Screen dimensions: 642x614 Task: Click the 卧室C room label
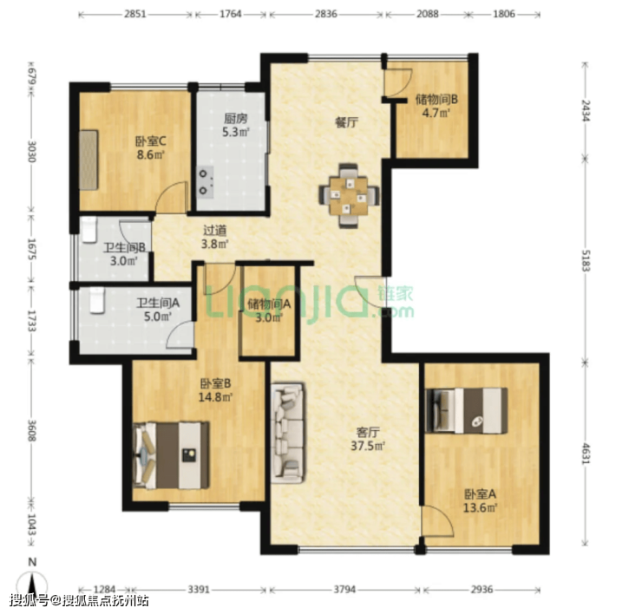tap(151, 141)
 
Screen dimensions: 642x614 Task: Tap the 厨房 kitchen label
tap(235, 119)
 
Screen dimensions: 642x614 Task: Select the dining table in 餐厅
tap(349, 196)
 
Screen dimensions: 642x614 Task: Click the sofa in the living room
tap(288, 433)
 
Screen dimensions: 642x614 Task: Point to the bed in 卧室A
tap(467, 410)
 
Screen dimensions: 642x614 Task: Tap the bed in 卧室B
tap(171, 455)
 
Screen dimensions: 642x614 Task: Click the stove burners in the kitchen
tap(205, 182)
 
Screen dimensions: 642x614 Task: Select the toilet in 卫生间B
tap(88, 230)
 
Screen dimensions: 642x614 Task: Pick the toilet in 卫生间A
tap(97, 300)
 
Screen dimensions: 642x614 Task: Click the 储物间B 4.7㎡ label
tap(436, 106)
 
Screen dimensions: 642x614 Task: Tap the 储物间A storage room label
tap(269, 304)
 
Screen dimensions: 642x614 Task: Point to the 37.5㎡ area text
tap(368, 446)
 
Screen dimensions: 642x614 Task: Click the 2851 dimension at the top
tap(135, 14)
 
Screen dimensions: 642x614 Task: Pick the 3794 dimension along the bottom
tap(344, 590)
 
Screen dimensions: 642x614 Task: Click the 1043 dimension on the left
tap(31, 525)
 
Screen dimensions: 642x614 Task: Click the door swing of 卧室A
tap(439, 520)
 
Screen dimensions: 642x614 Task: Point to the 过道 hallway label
tap(214, 231)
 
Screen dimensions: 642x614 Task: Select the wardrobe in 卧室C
tap(88, 160)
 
